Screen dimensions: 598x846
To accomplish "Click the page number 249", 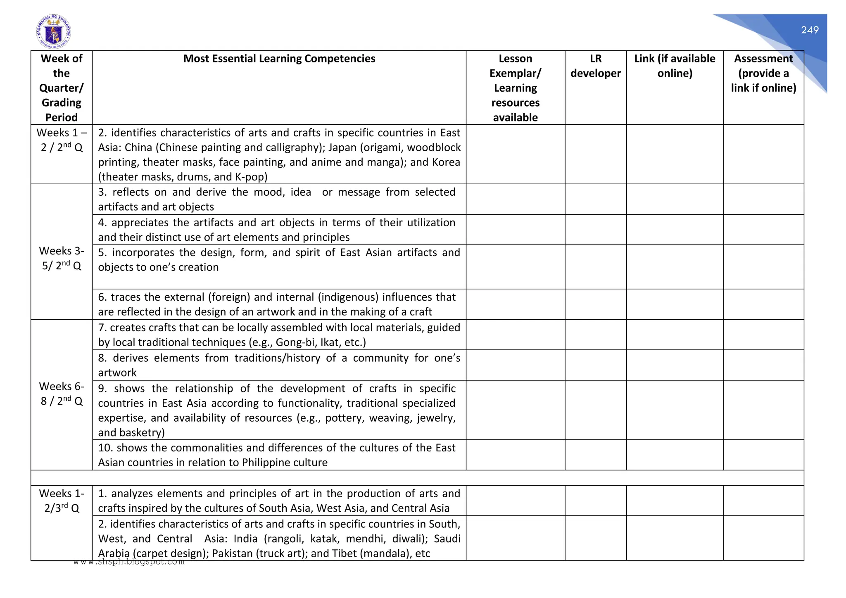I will [809, 30].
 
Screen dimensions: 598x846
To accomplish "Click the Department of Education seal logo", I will [53, 32].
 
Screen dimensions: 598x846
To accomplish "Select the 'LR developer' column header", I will [595, 66].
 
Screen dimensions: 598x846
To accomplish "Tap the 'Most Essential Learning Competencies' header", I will [279, 59].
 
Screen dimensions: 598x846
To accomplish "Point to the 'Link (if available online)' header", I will [675, 66].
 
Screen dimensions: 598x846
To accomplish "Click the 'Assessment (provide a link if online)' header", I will [763, 73].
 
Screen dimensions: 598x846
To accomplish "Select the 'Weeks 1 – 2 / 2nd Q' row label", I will [62, 140].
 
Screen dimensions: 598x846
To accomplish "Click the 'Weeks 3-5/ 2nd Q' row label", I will [62, 258].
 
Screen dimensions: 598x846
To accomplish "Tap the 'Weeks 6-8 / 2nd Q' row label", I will [62, 394].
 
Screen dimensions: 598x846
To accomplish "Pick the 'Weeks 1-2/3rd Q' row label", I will [62, 501].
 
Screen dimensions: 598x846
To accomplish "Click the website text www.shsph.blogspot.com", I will [129, 562].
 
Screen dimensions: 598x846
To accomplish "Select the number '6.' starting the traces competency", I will [102, 297].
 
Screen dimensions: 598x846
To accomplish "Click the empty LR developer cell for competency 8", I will [595, 365].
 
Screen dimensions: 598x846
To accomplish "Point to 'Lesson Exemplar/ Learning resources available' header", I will [515, 88].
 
